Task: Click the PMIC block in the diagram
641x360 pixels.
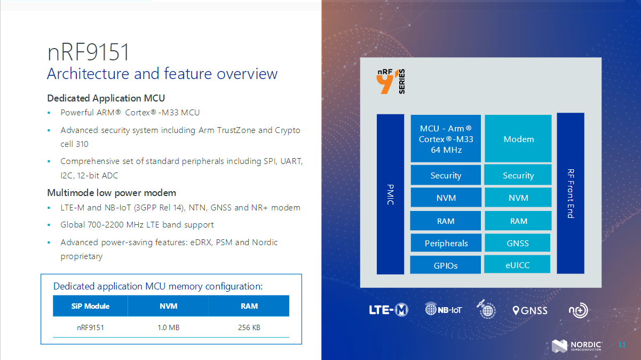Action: pos(390,194)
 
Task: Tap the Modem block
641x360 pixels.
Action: pos(518,139)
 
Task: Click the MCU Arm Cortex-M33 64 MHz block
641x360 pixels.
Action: pos(446,139)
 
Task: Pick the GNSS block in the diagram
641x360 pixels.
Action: pos(517,243)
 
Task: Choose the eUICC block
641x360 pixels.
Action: pos(517,265)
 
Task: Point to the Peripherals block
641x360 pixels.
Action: pos(446,243)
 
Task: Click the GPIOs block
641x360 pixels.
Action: pos(446,265)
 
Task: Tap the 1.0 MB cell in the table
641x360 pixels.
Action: pos(168,327)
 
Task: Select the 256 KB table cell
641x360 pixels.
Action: pos(249,327)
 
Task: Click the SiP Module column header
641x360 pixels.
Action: pos(90,306)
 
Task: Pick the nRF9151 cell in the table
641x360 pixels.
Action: pos(90,327)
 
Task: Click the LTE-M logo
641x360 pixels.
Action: pos(389,310)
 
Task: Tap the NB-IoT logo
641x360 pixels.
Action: pos(443,309)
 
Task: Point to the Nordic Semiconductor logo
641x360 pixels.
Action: pos(577,346)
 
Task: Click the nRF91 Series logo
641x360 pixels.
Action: pos(391,81)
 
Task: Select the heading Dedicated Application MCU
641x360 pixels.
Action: pos(106,98)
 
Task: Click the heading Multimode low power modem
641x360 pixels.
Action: pos(112,193)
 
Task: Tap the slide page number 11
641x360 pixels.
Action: pos(622,345)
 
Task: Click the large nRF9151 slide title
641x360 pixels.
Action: pos(89,53)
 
